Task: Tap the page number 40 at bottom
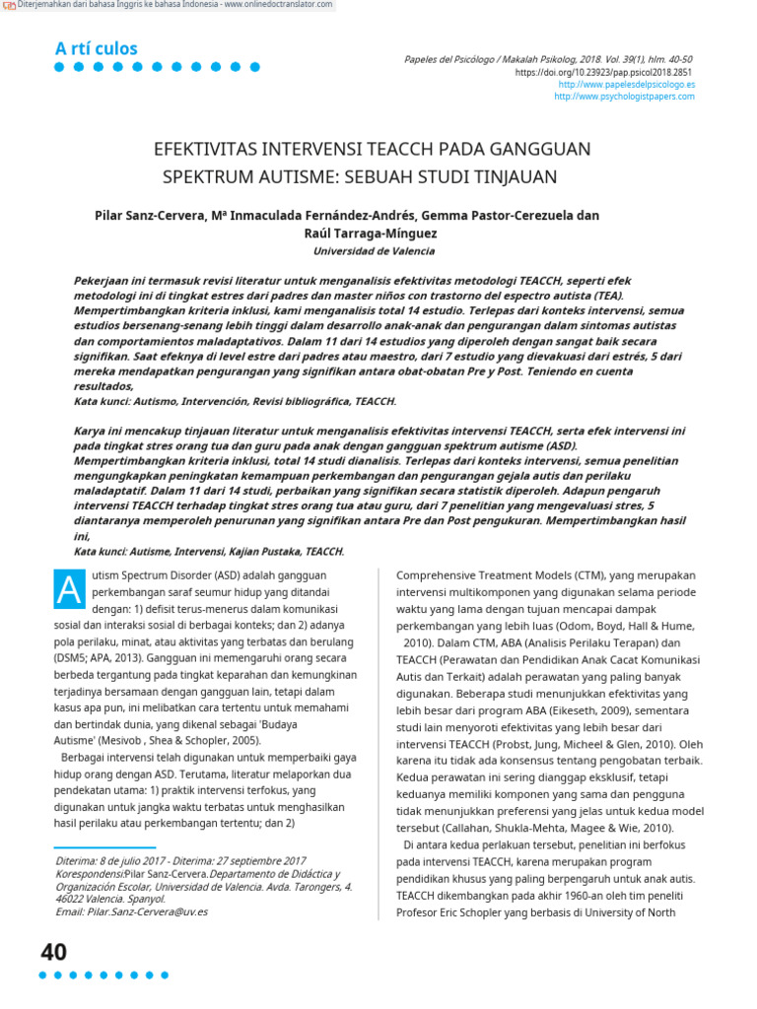click(53, 952)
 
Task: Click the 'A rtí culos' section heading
click(96, 48)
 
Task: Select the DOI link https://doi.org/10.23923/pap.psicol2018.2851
click(604, 72)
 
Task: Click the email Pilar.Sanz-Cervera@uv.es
click(132, 911)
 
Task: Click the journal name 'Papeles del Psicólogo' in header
click(454, 59)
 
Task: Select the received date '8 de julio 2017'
click(134, 861)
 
